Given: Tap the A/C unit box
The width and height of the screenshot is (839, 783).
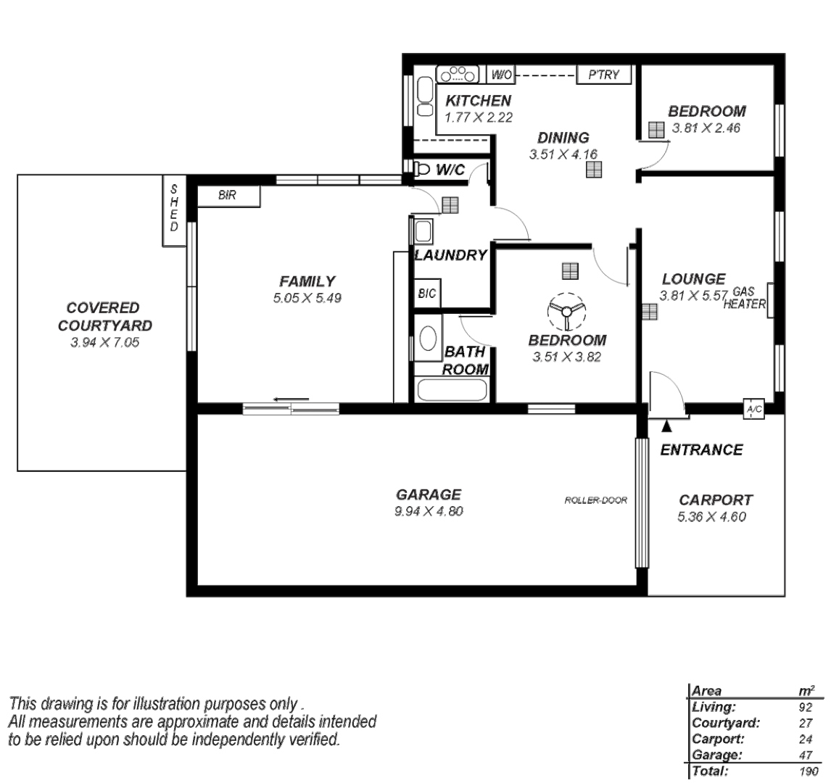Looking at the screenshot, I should pos(753,410).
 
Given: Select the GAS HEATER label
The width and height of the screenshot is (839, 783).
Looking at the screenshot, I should pos(744,298).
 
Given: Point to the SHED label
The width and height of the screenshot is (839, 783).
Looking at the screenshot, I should pos(174,207).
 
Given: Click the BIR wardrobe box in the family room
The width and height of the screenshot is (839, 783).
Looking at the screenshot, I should pos(228,196).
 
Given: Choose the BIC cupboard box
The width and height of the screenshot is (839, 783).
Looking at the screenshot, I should pos(426,294).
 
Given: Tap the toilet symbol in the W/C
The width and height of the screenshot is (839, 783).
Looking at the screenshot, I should pos(425,168).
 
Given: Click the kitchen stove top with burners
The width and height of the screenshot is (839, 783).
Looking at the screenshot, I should pos(458,74).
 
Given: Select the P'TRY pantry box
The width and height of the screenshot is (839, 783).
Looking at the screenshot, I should pos(603,75).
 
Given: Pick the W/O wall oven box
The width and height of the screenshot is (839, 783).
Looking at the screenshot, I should pos(502,75).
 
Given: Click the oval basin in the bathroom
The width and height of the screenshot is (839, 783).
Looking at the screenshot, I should pos(428,339).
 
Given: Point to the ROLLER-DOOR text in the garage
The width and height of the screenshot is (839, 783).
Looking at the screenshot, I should pos(595,500).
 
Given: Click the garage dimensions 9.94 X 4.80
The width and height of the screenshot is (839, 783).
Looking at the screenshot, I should pos(429,511).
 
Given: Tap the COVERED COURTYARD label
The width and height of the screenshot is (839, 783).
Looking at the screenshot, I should pos(105,317).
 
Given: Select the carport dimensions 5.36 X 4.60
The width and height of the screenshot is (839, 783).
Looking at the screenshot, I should pos(711,517).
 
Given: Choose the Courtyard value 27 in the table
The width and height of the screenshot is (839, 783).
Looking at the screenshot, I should pos(806,723).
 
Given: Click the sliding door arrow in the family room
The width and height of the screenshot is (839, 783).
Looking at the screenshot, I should pos(292,399).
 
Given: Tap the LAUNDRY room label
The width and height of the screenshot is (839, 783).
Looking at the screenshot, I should pos(450,255).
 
